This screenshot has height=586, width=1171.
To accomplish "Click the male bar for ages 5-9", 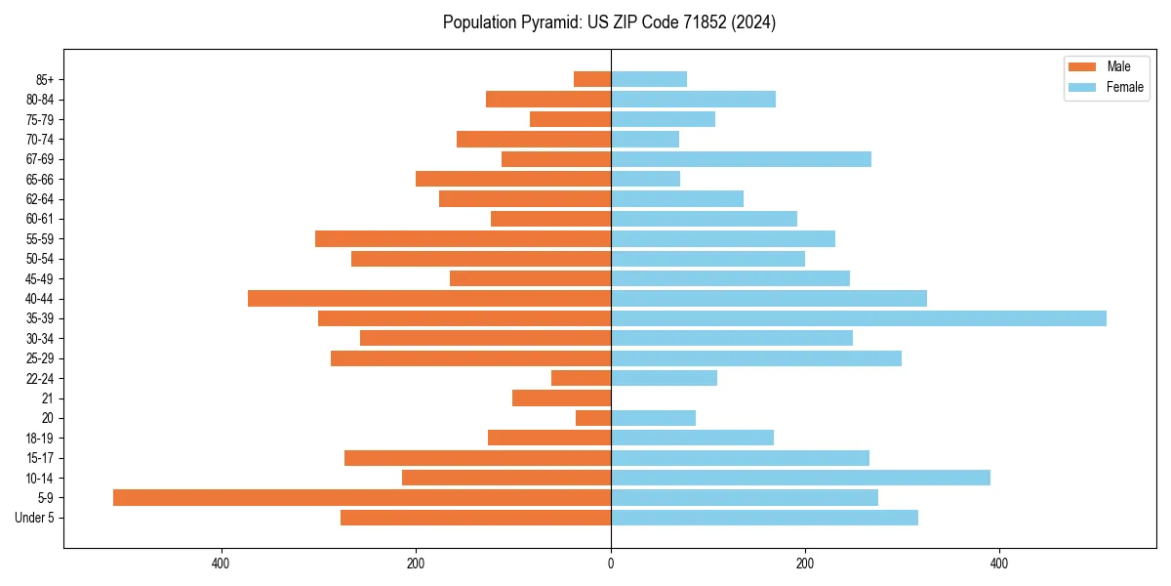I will point(361,497).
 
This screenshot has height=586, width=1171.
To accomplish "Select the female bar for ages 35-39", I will point(859,318).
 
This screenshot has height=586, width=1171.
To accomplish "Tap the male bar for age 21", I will point(561,398).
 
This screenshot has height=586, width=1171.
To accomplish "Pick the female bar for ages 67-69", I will point(741,159).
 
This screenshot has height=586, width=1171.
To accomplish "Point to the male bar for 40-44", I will point(429,298).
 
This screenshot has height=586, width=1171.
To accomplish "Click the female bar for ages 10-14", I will point(800,478).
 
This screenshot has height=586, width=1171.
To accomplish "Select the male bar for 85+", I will point(592,79).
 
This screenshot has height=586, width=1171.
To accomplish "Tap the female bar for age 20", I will point(653,418).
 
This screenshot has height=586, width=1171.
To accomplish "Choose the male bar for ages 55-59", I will point(463,238).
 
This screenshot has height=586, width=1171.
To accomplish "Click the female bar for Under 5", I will point(764,518).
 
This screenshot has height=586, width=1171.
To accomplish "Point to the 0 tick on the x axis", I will point(611,564).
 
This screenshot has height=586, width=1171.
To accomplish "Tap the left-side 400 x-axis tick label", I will point(221,564).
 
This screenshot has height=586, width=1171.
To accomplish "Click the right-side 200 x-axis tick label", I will point(805,564).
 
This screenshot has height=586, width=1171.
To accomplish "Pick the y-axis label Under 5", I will point(34,518).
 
